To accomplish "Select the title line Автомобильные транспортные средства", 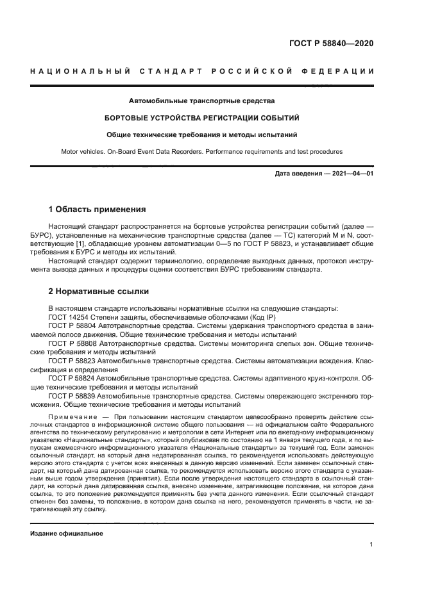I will click(x=201, y=101).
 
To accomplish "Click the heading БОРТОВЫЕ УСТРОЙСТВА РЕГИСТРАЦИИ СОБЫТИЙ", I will click(x=201, y=118).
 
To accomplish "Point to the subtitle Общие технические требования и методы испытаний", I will click(x=201, y=135).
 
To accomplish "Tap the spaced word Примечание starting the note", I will click(x=70, y=416).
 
